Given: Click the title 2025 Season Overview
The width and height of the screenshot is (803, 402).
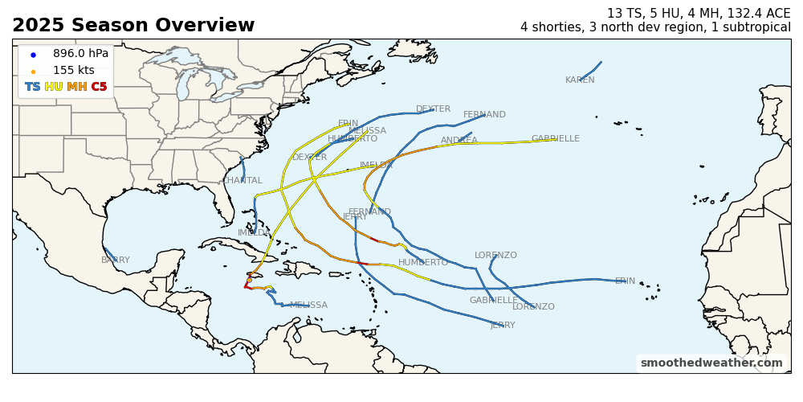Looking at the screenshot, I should coord(133,26).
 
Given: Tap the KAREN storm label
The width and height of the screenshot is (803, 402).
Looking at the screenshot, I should coord(580,80).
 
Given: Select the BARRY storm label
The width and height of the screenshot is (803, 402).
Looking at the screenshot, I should coord(115,260).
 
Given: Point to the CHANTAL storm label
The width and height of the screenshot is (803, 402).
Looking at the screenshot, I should coord(243,181).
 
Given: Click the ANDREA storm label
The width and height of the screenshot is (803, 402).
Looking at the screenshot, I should coord(459,141).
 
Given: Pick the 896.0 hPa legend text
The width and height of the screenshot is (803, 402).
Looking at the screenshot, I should coord(80,54).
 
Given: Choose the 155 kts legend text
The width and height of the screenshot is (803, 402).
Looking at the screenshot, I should coord(74,71).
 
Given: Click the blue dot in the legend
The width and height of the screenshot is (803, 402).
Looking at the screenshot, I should coord(33,55).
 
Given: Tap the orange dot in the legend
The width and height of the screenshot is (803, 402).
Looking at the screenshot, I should coord(33,72).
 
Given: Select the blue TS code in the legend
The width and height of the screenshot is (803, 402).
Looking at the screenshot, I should coord(33,87).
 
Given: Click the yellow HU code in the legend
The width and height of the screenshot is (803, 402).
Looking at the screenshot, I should coord(54,87).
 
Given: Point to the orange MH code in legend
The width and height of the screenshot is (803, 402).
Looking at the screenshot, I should coord(77,87).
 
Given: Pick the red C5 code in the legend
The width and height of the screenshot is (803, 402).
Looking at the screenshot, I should coord(99,87).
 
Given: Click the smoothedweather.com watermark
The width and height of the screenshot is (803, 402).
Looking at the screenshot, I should coord(711,363).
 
